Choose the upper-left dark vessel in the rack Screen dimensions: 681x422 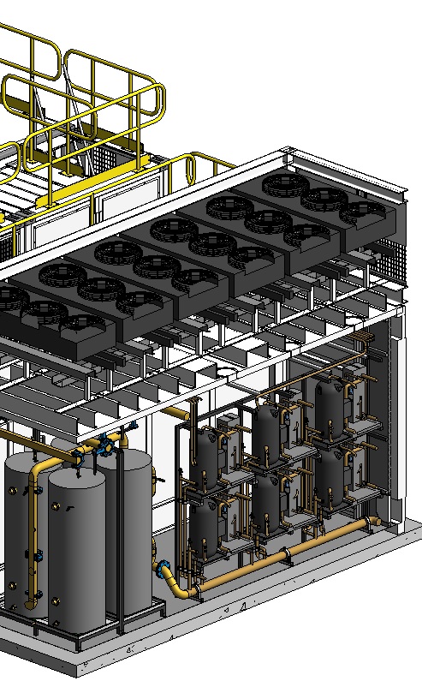207,452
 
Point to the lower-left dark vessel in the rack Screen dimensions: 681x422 205,527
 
